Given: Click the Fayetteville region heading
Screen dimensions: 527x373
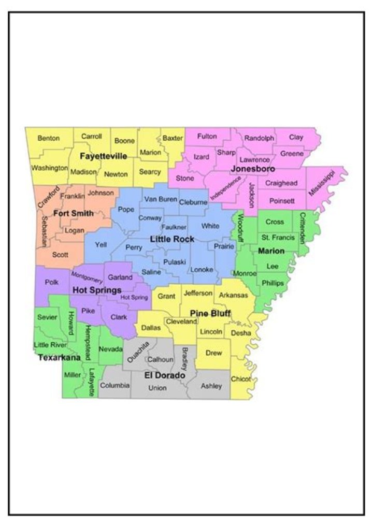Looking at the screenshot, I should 103,156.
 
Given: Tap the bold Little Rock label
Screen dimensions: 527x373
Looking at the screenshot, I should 172,239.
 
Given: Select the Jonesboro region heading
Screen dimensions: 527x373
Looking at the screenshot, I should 252,169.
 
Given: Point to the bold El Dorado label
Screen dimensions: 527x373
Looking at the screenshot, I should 165,374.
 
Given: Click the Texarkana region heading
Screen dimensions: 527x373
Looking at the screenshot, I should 59,357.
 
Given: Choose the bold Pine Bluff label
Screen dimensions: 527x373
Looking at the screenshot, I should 210,313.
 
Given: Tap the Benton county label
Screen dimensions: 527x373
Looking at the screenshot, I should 48,138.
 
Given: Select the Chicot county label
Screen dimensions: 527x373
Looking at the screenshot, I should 241,379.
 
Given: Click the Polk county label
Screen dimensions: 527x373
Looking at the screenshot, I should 52,282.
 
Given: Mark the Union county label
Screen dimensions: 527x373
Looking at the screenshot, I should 157,388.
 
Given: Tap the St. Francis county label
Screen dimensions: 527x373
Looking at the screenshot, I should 278,238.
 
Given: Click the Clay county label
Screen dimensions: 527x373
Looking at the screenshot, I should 296,137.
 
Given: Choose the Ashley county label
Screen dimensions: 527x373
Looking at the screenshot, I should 211,386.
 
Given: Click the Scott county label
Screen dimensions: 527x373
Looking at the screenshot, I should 60,255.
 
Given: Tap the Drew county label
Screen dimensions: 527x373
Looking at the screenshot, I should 214,353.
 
